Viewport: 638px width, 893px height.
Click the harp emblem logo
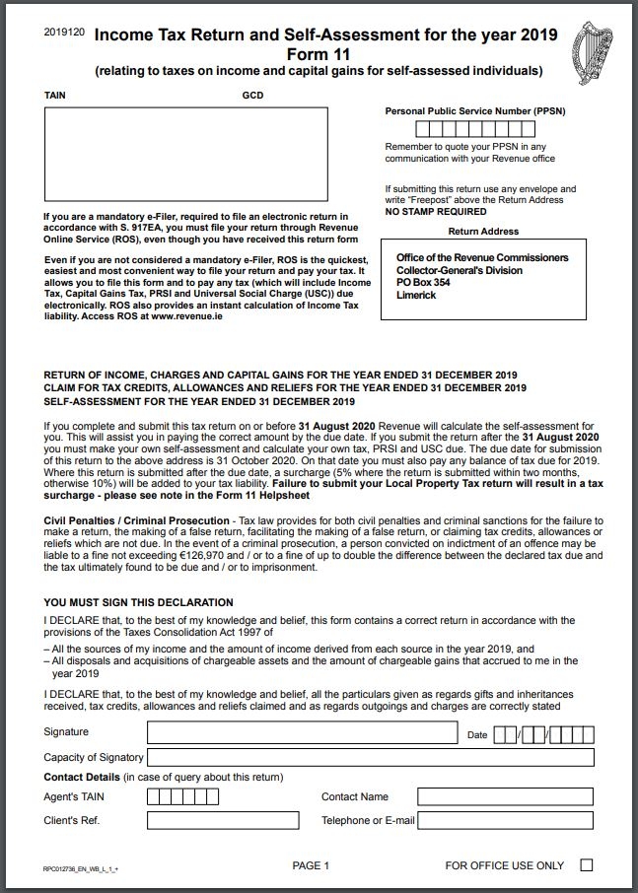point(596,49)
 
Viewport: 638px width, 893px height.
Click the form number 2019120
point(64,33)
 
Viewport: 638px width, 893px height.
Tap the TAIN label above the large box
point(55,97)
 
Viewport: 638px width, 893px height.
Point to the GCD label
point(251,97)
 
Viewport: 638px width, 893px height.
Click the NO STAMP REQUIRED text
point(435,211)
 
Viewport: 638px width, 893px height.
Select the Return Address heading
point(483,232)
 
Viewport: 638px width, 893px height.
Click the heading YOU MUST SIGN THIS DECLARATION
point(139,602)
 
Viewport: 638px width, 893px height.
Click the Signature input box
point(303,732)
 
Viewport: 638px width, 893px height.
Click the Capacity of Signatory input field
point(371,757)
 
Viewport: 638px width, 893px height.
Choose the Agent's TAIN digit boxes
point(182,796)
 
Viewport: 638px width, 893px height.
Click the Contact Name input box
point(505,796)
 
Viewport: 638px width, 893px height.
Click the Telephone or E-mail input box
point(505,820)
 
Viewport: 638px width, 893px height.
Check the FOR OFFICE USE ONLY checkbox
point(587,865)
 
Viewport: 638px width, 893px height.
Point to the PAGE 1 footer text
point(311,865)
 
